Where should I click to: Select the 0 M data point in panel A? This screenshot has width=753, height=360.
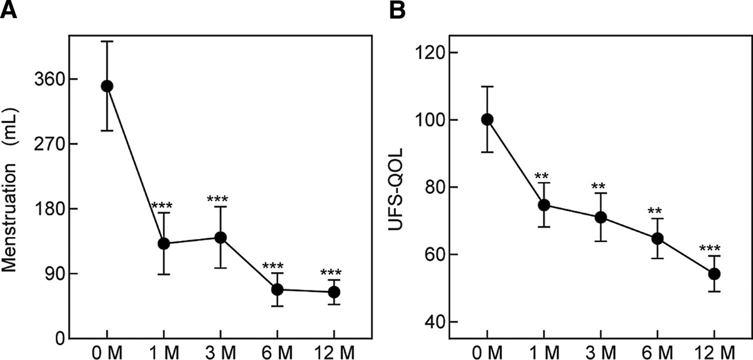point(107,86)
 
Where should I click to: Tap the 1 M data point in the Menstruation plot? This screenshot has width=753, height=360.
point(164,243)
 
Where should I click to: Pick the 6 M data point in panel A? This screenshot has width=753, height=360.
point(277,289)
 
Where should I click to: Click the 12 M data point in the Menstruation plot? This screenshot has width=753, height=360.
point(334,292)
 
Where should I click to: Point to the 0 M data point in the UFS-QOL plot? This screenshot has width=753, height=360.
point(487,120)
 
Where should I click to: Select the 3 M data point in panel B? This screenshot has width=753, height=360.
point(601,217)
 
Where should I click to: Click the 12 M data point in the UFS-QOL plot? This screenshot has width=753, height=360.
point(714,274)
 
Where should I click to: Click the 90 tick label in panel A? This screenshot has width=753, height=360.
point(55,273)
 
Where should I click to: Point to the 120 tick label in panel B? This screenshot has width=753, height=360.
point(432,53)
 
